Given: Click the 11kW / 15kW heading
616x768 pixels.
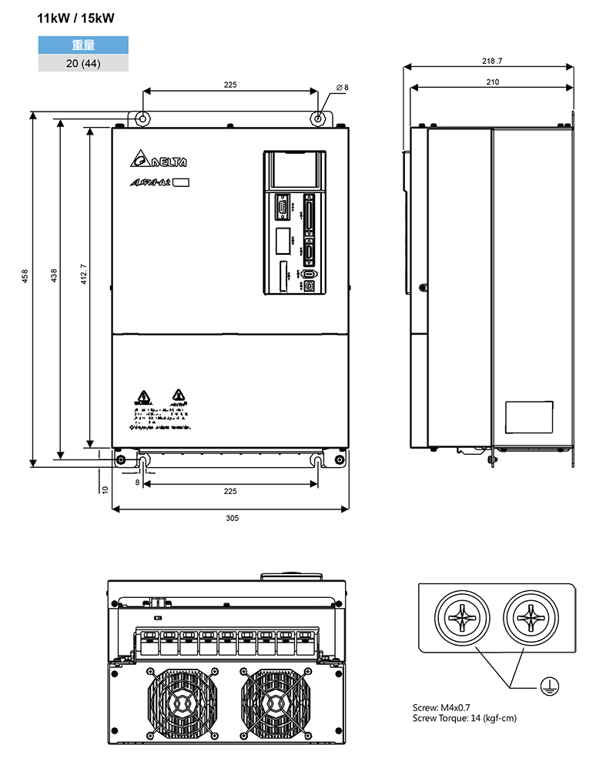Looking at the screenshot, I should [81, 18].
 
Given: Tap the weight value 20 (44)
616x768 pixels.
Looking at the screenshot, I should [83, 63].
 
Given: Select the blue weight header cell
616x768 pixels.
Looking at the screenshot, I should [83, 45].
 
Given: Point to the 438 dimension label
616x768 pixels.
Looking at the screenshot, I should [54, 275].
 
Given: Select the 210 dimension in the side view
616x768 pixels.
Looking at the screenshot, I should [493, 82].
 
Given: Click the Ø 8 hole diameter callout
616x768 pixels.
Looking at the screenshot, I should [342, 88].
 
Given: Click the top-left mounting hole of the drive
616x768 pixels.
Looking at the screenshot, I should [142, 119].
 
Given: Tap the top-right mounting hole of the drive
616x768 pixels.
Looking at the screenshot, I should [319, 119].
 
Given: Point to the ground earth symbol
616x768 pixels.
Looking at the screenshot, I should [548, 684].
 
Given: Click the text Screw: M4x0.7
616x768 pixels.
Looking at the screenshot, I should [441, 706].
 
